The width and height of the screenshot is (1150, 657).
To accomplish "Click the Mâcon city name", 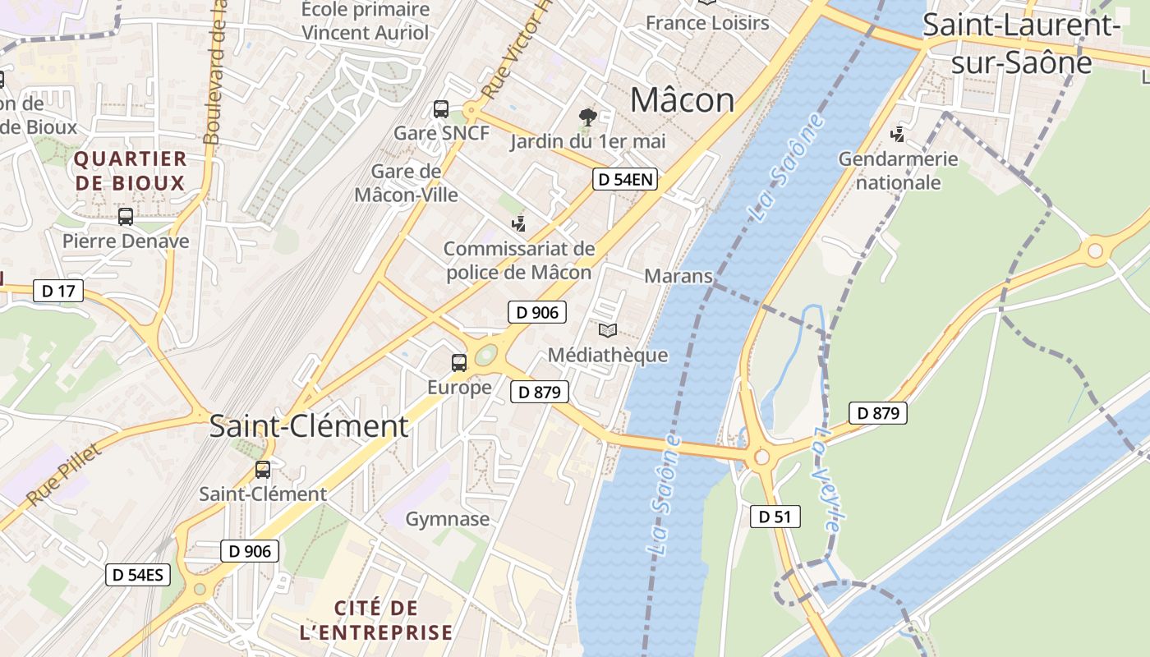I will (x=682, y=100).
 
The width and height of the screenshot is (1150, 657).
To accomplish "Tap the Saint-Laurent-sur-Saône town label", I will (x=1021, y=43).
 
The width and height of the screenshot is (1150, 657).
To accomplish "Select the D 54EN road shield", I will (x=625, y=179).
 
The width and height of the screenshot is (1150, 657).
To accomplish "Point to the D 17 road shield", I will (x=58, y=290).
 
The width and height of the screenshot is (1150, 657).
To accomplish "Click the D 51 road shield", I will (x=775, y=517).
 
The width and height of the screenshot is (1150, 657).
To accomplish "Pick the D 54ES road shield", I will (x=138, y=575).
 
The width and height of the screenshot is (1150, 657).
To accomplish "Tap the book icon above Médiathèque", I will (x=608, y=331).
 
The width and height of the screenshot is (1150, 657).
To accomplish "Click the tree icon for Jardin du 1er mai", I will (x=587, y=117).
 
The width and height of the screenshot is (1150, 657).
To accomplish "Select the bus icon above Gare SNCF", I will (x=441, y=108).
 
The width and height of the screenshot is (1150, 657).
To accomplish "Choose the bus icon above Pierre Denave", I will (x=126, y=217).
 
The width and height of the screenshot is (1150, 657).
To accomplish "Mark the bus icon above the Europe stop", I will (x=459, y=362).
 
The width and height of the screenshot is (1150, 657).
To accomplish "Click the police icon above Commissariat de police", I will (x=518, y=223).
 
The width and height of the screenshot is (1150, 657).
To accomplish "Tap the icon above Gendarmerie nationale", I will (x=899, y=134).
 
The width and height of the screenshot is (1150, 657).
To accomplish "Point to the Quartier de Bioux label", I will (x=131, y=170).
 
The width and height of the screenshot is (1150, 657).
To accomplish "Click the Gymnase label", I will (x=448, y=519).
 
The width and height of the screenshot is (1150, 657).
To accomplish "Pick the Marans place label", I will (x=678, y=276).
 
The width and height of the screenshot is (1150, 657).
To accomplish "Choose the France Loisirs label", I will (x=707, y=22).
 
